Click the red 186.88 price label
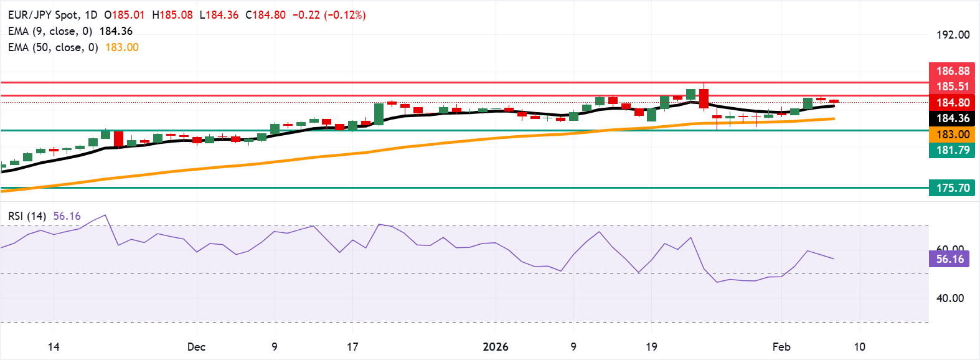coord(952,71)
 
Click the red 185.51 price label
coord(952,87)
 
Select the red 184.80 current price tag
coord(952,103)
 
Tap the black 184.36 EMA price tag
coord(952,118)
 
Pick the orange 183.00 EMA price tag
coord(952,135)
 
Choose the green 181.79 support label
coord(952,150)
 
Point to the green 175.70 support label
coord(952,188)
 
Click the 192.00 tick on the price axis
coord(953,35)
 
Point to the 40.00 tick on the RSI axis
coord(950,298)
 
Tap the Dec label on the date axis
coord(196,347)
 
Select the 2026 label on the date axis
coord(496,347)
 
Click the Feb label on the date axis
coord(781,347)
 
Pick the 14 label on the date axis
coord(54,347)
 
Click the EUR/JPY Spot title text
coord(44,15)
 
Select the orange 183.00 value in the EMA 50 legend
coord(122,47)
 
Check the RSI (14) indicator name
coord(27,216)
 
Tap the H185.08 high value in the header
coord(172,15)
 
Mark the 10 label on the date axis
coord(859,347)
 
